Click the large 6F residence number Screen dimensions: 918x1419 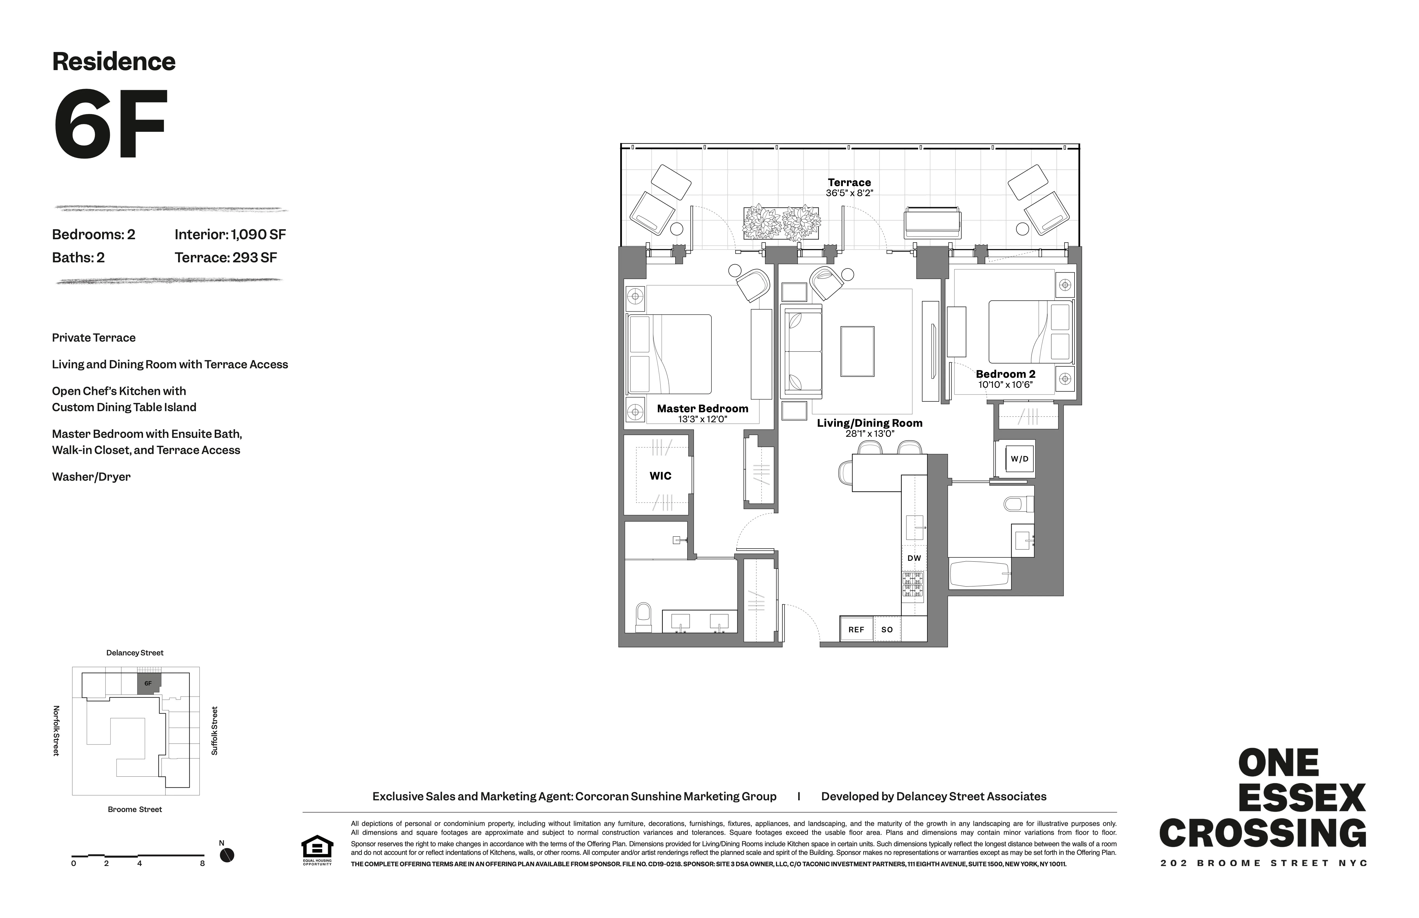point(110,125)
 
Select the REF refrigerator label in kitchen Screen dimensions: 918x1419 point(856,630)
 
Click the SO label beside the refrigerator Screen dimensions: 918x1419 point(887,630)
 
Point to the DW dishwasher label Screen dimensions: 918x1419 point(914,558)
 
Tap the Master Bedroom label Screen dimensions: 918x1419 point(702,408)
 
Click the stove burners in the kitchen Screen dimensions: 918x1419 point(913,584)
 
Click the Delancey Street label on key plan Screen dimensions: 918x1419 point(135,653)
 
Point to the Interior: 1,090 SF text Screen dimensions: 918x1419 point(230,234)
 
